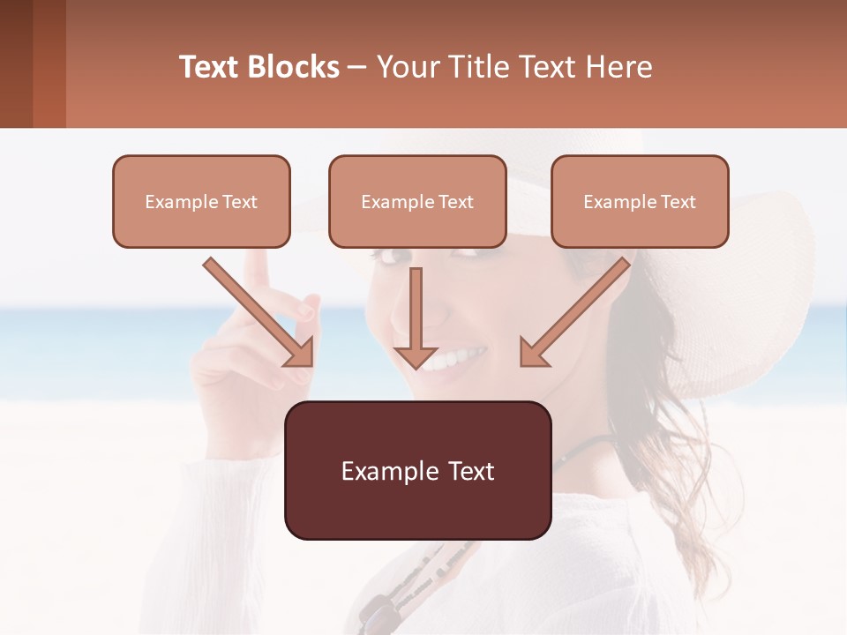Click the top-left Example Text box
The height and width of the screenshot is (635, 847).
[x=201, y=201]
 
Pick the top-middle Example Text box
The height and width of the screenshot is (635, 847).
[x=417, y=201]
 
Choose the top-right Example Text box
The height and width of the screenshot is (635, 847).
[x=640, y=201]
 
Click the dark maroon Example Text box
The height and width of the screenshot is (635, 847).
[x=417, y=470]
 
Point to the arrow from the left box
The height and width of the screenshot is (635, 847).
[x=256, y=310]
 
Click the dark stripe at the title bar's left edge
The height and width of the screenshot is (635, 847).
[x=16, y=63]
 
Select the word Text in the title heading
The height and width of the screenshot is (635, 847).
[x=208, y=67]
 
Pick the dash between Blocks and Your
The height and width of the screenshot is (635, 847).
[x=357, y=67]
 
